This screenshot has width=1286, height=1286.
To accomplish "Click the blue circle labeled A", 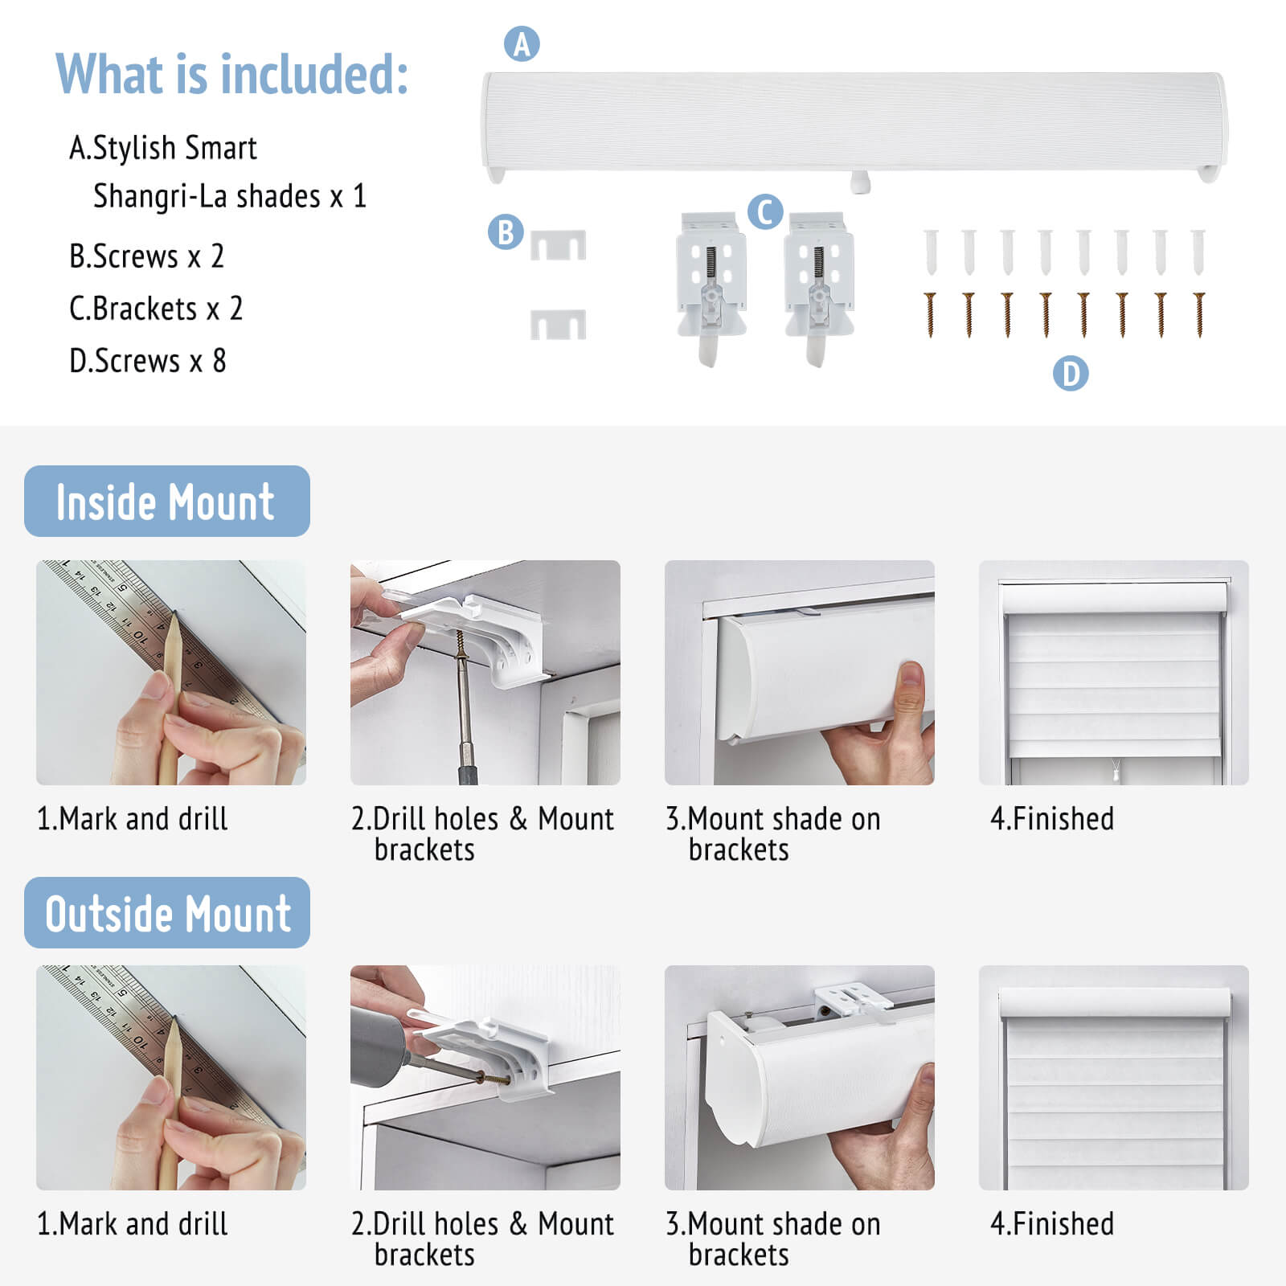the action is click(x=522, y=44).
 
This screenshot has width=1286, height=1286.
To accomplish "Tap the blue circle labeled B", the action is click(x=506, y=232).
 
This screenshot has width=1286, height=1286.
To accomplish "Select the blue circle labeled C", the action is click(x=765, y=212).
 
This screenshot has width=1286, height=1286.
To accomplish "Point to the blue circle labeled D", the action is click(x=1071, y=374).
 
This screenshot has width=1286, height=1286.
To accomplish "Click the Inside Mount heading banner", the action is click(x=167, y=501).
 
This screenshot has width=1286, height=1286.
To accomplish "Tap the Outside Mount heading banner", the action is click(x=167, y=912).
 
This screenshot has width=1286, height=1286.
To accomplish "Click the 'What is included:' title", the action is click(x=231, y=74).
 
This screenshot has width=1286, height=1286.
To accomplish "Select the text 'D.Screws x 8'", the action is click(x=148, y=361).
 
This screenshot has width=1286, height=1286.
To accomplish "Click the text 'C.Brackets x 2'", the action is click(x=156, y=309).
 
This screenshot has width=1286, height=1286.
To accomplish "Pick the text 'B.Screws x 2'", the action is click(x=146, y=256).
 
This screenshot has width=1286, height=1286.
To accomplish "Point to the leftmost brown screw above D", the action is click(x=931, y=314).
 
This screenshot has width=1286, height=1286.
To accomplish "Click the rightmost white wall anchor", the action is click(x=1198, y=252).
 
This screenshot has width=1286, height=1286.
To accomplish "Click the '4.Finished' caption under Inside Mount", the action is click(x=1052, y=819).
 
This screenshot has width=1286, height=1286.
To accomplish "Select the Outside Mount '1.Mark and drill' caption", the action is click(x=133, y=1224).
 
